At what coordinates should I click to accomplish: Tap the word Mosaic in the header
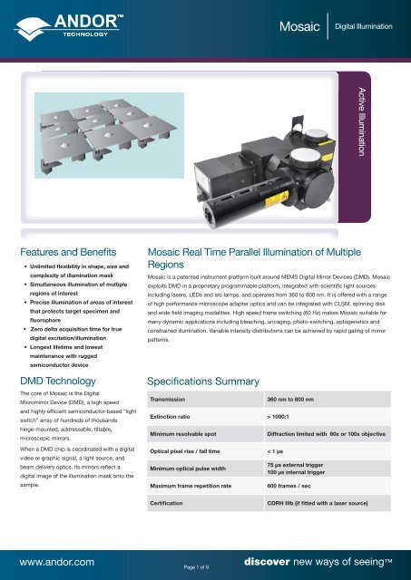[299, 26]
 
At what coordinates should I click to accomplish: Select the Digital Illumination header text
[364, 26]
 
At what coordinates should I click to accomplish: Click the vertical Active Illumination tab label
[362, 121]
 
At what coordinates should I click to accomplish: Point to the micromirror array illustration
[109, 135]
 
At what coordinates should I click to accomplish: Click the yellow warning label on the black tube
[277, 198]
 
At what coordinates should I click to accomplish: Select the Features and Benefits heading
[68, 252]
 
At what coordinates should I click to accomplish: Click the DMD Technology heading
[58, 381]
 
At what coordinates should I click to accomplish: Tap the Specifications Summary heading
[203, 382]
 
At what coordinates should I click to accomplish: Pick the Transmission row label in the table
[167, 400]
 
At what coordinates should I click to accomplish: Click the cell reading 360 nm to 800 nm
[290, 400]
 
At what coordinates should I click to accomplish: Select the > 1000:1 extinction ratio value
[278, 417]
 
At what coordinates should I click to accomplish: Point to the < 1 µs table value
[275, 451]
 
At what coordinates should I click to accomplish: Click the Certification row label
[166, 504]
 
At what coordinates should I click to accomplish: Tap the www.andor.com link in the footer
[57, 562]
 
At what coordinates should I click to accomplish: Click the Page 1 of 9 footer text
[196, 567]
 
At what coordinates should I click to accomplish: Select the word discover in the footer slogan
[267, 562]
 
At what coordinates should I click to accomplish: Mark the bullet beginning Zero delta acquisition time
[76, 333]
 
